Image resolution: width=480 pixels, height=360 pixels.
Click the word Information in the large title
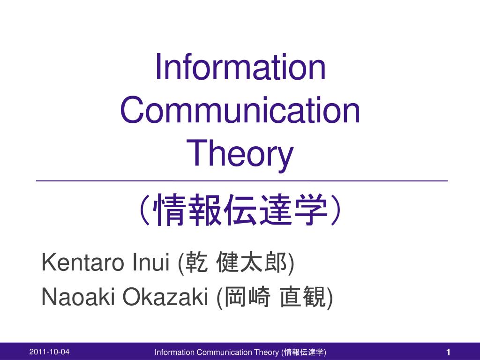[240, 67]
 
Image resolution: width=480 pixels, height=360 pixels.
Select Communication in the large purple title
[240, 110]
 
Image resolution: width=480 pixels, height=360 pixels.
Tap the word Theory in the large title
[240, 154]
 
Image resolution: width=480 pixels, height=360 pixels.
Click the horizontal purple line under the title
[242, 181]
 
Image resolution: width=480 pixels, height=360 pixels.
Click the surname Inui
[151, 262]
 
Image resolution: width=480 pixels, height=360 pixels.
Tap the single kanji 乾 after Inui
[196, 262]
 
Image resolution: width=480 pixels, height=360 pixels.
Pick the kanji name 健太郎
[252, 262]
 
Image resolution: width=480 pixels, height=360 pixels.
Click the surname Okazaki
[165, 297]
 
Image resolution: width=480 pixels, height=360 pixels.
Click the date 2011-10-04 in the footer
[49, 352]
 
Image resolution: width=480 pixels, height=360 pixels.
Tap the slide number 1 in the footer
[448, 352]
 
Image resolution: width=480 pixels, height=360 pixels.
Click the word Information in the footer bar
[174, 352]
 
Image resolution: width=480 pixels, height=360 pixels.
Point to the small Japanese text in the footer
[304, 352]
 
